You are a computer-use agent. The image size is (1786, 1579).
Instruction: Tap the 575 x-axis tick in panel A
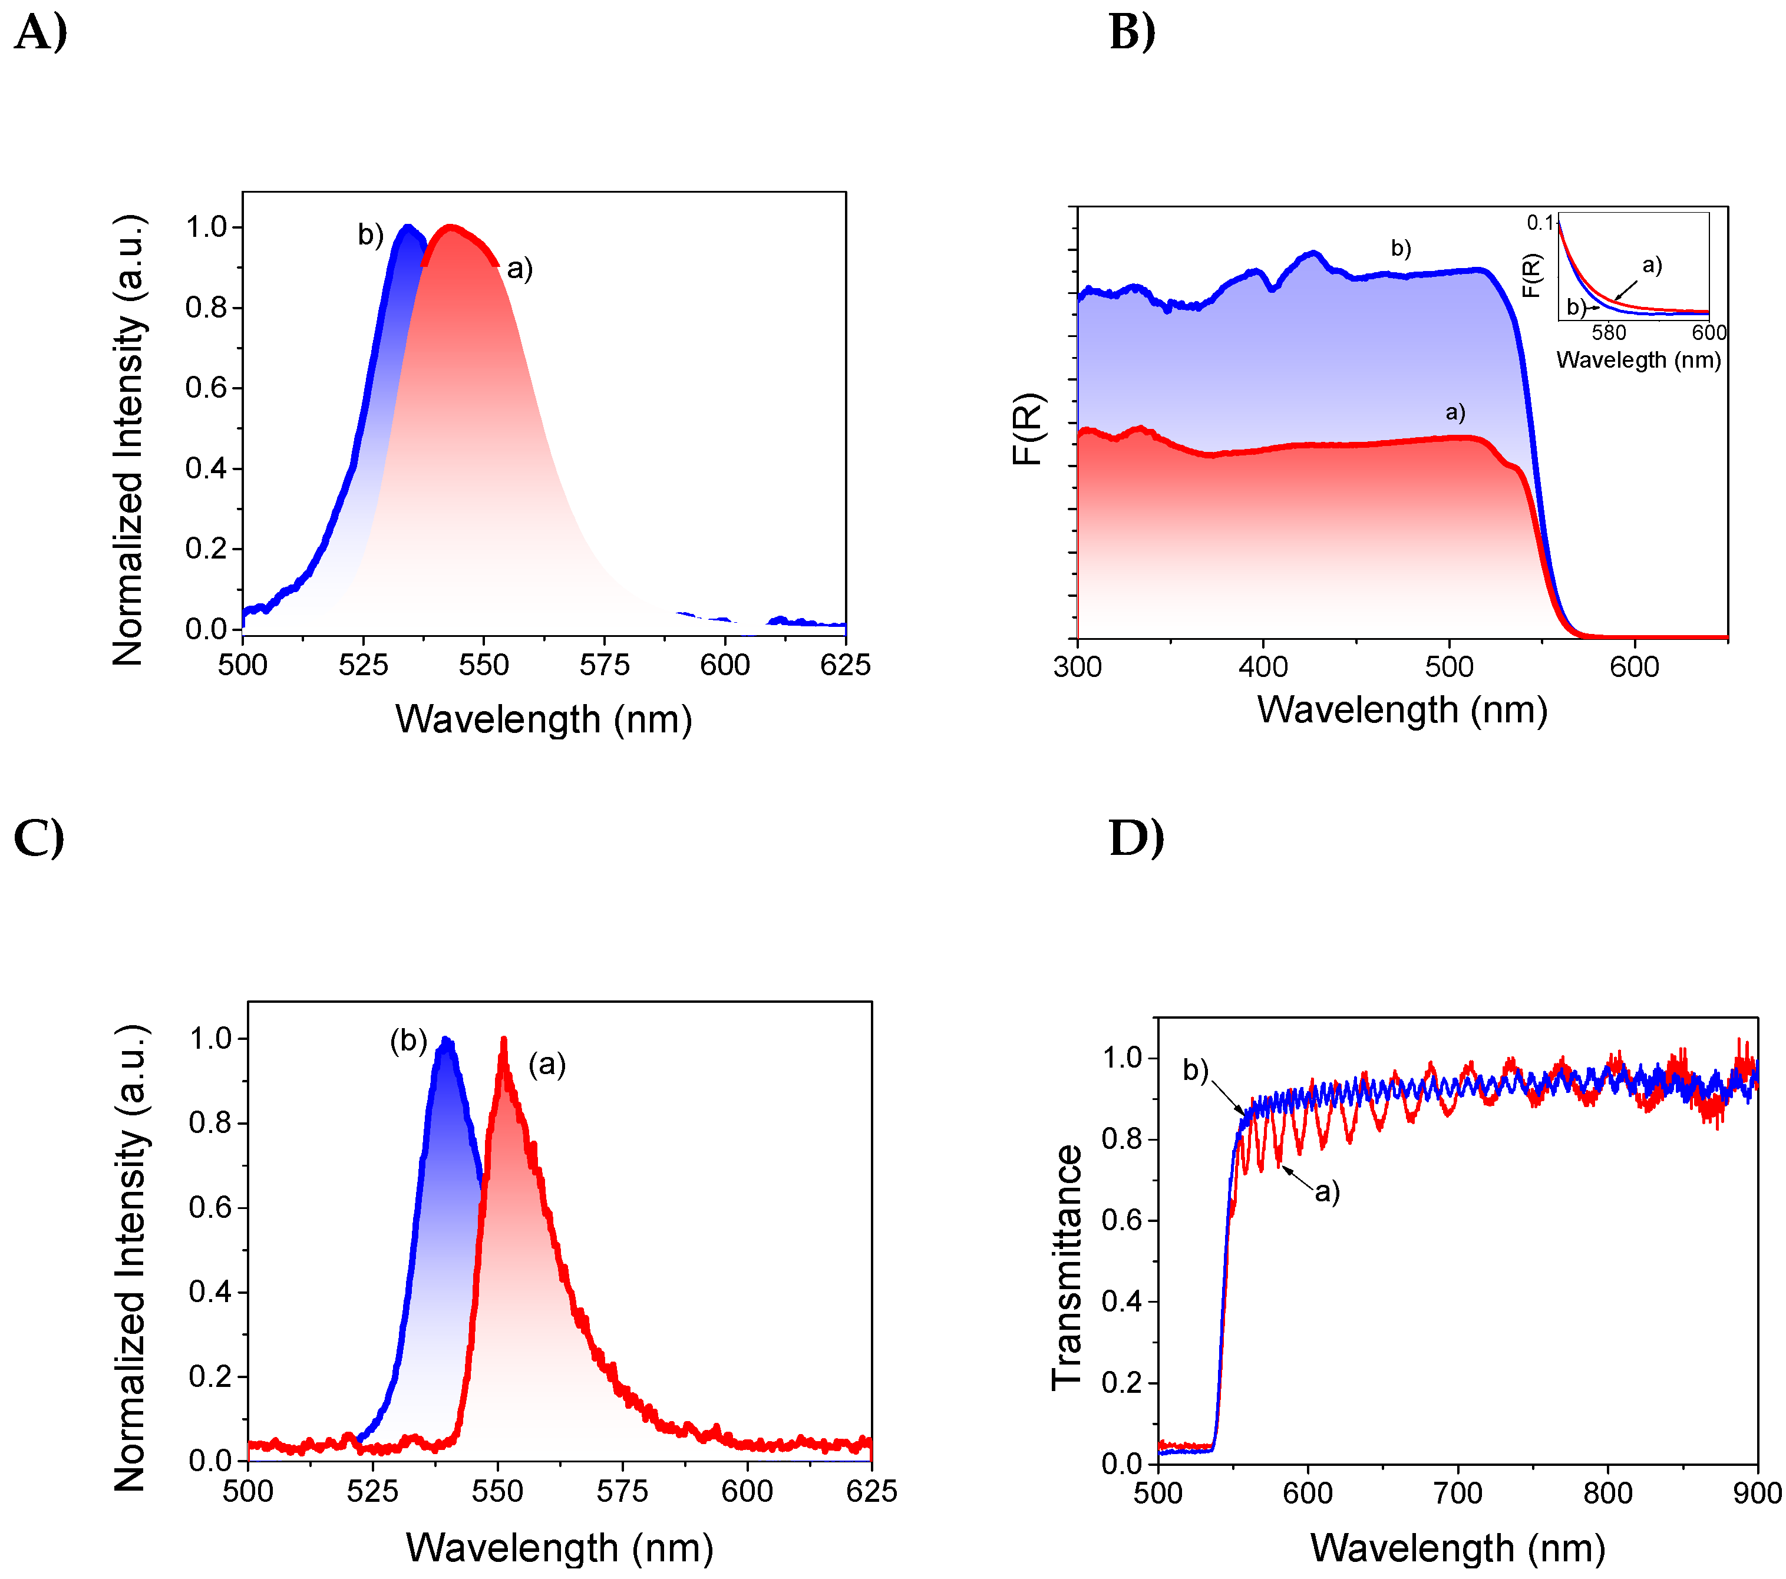[x=605, y=666]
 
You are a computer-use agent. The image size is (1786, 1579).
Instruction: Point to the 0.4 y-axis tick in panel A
[x=207, y=468]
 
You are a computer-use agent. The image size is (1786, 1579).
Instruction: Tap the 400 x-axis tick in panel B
[x=1263, y=668]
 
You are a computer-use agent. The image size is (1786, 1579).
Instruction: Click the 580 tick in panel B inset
[x=1609, y=333]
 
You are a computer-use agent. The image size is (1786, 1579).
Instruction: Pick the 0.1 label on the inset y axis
[x=1540, y=223]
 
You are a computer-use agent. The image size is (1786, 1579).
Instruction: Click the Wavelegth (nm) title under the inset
[x=1638, y=360]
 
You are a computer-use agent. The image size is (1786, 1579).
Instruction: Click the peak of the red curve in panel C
[x=503, y=1040]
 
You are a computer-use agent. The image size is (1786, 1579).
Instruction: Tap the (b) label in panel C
[x=408, y=1040]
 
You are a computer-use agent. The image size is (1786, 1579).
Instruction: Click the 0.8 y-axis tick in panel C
[x=210, y=1123]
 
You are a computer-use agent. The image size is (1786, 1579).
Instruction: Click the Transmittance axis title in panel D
[x=1067, y=1267]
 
